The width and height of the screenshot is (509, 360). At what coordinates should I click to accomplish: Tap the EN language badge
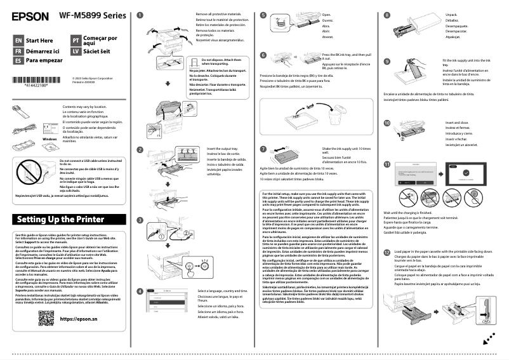pyautogui.click(x=18, y=40)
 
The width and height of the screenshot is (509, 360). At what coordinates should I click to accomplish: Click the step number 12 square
pyautogui.click(x=388, y=251)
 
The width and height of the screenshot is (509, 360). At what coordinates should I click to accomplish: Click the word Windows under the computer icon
pyautogui.click(x=50, y=138)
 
